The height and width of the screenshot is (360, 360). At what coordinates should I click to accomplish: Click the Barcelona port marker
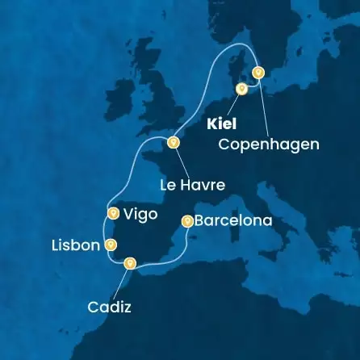187,220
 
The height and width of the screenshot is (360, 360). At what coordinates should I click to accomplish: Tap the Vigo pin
113,214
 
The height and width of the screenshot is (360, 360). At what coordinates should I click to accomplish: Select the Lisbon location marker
111,245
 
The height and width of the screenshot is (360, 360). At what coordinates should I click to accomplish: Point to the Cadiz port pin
129,262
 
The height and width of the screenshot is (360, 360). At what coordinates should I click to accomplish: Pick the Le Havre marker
172,143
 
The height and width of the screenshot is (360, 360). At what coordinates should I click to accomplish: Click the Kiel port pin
241,89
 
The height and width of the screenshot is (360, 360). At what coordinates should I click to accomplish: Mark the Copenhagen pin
257,72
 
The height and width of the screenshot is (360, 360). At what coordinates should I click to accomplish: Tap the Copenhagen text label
269,144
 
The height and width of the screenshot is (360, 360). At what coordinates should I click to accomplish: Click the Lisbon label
75,245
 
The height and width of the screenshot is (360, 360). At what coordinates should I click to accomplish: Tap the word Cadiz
109,307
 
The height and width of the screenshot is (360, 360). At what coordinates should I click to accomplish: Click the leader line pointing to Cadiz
120,283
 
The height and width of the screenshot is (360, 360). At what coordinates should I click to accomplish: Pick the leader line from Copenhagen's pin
263,105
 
